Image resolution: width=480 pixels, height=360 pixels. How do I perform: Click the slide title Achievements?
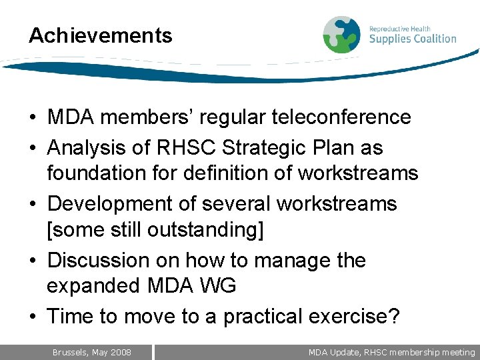click(x=100, y=35)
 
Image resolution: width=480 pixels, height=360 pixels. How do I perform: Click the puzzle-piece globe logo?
click(x=341, y=35)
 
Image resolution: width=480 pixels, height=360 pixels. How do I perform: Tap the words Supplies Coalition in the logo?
click(x=413, y=39)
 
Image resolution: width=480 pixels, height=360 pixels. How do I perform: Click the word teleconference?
click(x=341, y=117)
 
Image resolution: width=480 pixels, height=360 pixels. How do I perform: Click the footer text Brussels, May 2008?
click(x=92, y=352)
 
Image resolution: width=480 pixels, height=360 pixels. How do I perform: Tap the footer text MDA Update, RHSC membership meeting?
click(x=391, y=352)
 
